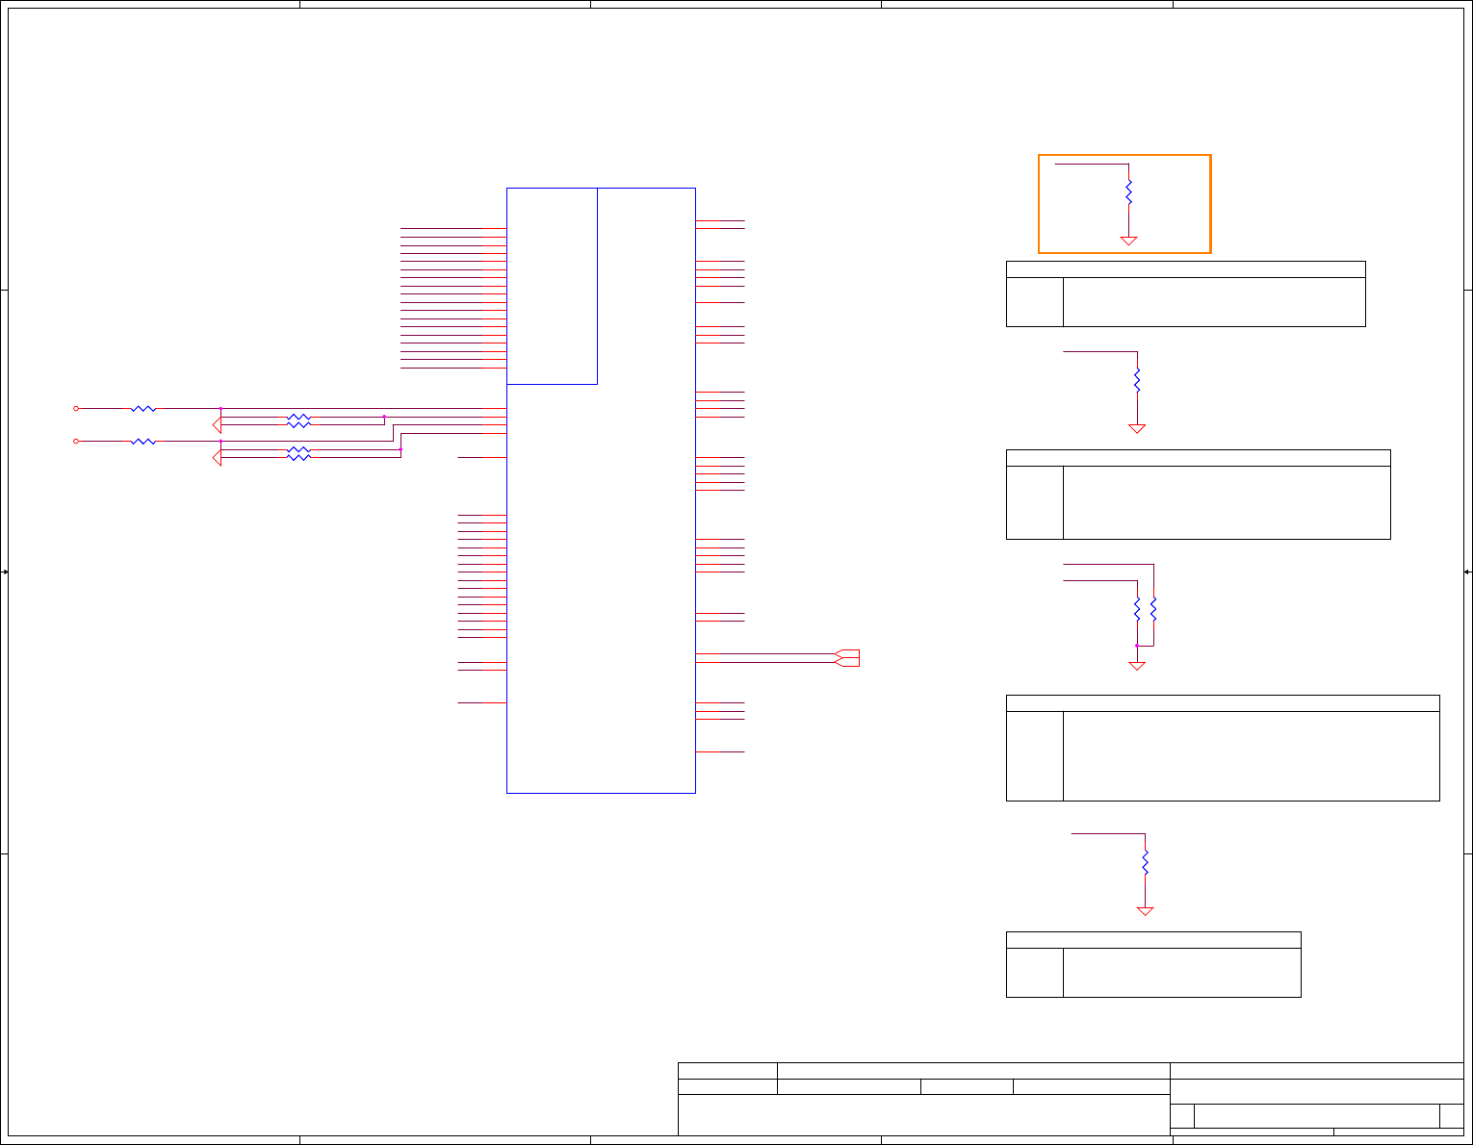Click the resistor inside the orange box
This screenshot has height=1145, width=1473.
(1128, 191)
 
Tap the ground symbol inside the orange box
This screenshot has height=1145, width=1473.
(1128, 241)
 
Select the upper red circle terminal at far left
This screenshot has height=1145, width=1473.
(76, 408)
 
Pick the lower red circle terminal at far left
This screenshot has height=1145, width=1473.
(76, 441)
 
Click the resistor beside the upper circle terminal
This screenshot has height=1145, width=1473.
(143, 408)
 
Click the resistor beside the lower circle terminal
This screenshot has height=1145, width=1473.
(143, 441)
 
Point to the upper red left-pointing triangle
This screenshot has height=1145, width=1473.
(217, 424)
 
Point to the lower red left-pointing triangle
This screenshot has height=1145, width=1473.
(217, 458)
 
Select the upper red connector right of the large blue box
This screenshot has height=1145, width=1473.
(847, 654)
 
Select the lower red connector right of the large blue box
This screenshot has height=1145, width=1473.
(847, 662)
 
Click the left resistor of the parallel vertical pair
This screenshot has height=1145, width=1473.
(1137, 609)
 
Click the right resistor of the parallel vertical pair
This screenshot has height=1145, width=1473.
(1153, 609)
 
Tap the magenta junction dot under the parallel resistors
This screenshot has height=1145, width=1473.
(1137, 646)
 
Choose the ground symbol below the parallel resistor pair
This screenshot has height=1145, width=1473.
(1137, 665)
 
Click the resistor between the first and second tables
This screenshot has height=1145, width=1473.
(1137, 380)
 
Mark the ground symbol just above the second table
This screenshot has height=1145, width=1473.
(1137, 428)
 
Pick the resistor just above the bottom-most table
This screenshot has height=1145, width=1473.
(1145, 861)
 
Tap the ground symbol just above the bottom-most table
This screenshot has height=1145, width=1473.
(1145, 910)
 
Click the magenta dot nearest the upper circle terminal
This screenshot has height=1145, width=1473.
(220, 408)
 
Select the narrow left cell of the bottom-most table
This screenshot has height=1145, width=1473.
(1035, 972)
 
